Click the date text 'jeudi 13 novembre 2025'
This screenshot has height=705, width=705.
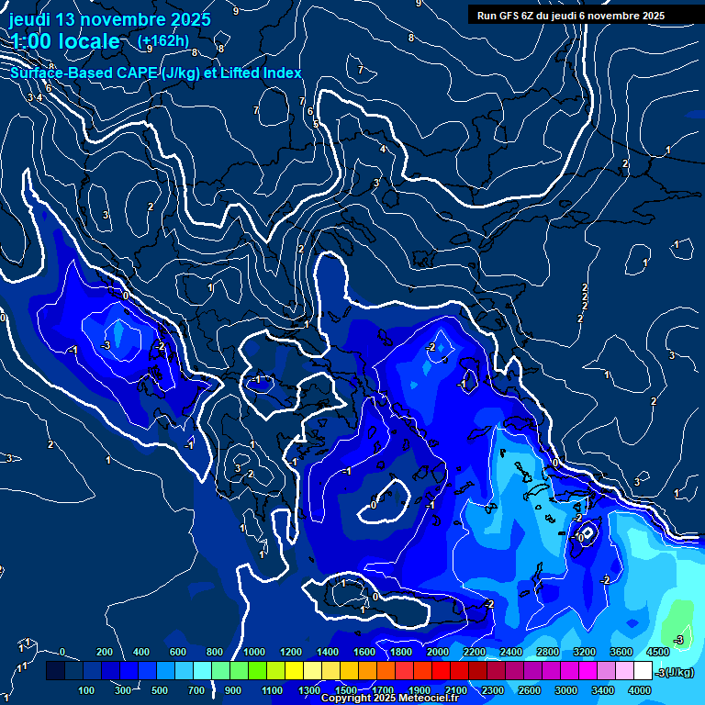pos(109,19)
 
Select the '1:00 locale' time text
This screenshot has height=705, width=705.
pos(66,41)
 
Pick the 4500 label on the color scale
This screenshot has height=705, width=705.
pos(658,652)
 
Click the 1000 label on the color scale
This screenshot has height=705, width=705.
pos(254,652)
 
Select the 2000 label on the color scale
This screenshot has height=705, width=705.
pos(438,652)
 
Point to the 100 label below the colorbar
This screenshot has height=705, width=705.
pos(86,690)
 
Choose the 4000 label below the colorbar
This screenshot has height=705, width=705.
pos(640,690)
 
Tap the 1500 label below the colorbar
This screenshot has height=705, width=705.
pos(346,690)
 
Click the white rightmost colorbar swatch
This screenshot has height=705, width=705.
pos(643,671)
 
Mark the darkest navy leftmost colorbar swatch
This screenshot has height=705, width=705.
pos(55,671)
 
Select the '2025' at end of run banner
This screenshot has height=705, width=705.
pos(654,16)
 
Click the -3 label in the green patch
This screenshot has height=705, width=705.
pos(679,639)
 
